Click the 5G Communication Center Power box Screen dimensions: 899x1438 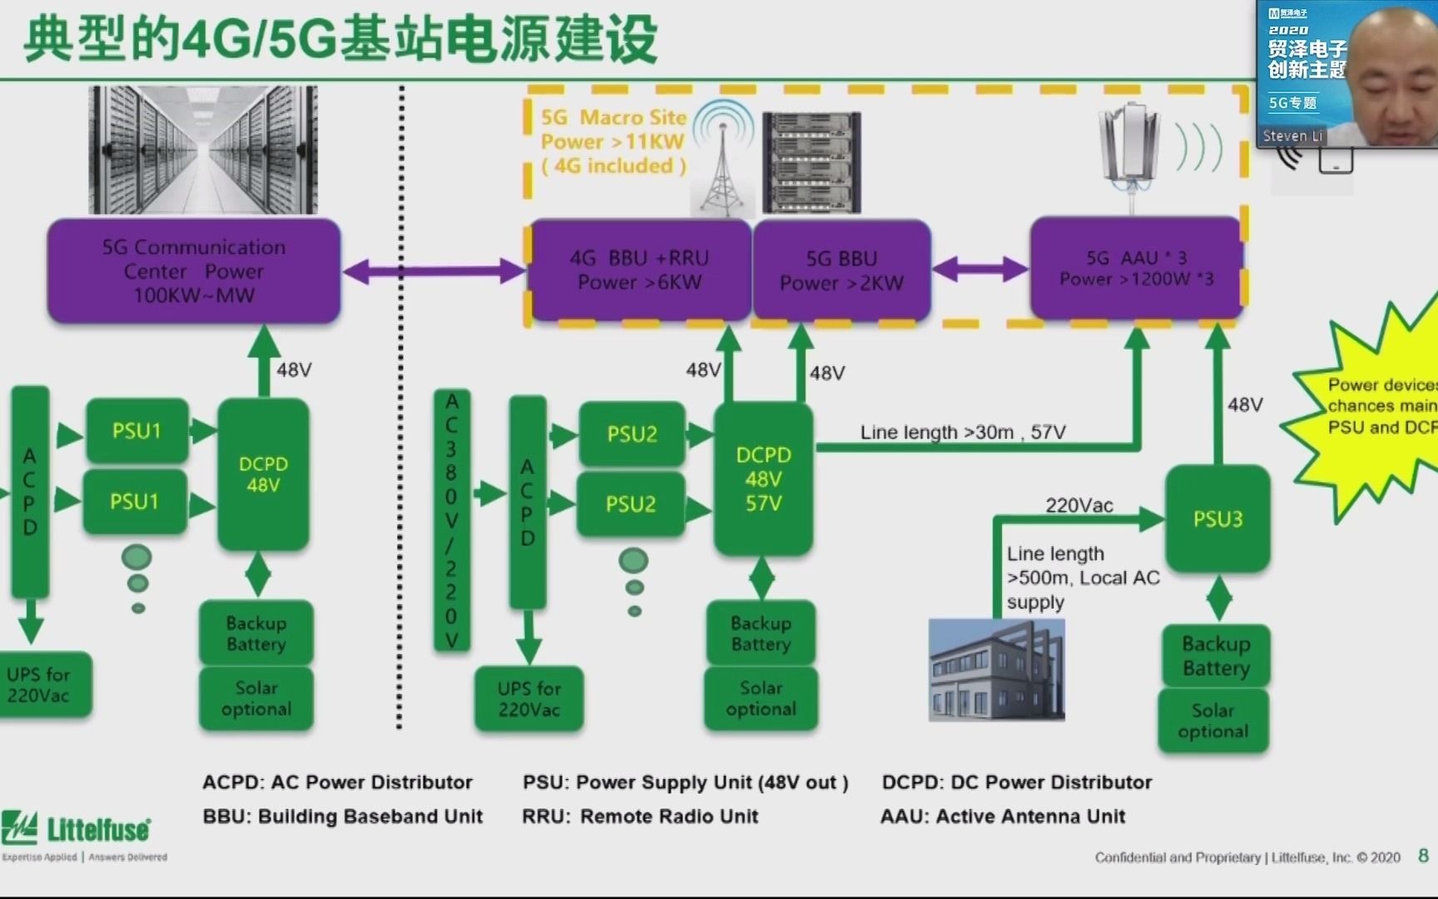[194, 271]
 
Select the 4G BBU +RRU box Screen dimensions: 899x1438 [639, 271]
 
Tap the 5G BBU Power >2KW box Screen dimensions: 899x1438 [841, 271]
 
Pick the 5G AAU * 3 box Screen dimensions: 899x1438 [1136, 268]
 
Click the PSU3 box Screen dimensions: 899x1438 [1217, 519]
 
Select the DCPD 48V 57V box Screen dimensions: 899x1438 [763, 479]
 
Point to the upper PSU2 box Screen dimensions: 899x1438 [632, 434]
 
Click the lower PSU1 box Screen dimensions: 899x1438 [135, 502]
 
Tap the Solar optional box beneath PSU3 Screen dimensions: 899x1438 [1212, 721]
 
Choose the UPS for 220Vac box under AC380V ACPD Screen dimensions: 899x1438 [528, 699]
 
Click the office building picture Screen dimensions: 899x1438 [997, 669]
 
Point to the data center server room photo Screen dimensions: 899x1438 [203, 150]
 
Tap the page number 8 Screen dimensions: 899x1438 [1423, 856]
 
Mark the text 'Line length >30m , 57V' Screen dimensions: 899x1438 [963, 432]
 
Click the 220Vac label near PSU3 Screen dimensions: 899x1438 [1079, 505]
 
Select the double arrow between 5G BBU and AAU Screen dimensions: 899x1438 [980, 269]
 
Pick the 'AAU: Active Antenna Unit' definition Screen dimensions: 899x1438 [1003, 817]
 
